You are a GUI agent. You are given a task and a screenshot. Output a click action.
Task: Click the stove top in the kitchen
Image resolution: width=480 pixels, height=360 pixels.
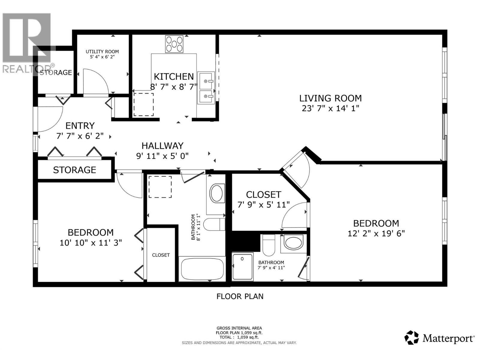174,44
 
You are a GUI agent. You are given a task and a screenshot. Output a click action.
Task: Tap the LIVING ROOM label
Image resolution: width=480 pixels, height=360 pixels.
330,98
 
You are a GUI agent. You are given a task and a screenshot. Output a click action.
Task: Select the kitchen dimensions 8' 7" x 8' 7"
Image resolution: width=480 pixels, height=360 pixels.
174,87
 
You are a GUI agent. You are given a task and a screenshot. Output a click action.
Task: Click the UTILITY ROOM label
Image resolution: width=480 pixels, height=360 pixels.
102,52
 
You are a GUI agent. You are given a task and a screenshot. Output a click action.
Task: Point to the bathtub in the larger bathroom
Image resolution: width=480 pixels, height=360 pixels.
202,268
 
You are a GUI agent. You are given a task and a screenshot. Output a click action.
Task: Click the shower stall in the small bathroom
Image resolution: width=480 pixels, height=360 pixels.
242,267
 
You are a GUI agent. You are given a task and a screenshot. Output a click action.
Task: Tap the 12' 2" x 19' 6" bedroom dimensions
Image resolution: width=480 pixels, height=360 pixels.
376,233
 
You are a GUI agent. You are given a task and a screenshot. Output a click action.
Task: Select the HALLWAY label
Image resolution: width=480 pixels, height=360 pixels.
162,146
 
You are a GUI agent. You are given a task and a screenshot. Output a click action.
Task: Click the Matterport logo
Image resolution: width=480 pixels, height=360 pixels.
440,338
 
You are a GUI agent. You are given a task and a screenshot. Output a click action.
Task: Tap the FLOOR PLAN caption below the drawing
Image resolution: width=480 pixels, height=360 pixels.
240,296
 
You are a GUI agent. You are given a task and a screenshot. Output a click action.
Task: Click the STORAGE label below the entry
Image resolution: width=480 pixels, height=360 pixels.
74,170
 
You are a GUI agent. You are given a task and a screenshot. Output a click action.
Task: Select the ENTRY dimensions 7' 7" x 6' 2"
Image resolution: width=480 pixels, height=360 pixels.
80,136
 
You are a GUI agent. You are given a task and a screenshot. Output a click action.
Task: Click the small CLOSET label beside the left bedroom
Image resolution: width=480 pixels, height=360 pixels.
161,255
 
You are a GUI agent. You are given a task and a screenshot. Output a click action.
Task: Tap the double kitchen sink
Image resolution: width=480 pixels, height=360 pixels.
206,88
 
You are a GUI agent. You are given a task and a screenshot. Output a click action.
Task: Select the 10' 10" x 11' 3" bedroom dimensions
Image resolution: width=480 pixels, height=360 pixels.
91,242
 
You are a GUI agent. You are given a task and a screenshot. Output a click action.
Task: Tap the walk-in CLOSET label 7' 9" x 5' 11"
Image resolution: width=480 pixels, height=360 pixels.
263,195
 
